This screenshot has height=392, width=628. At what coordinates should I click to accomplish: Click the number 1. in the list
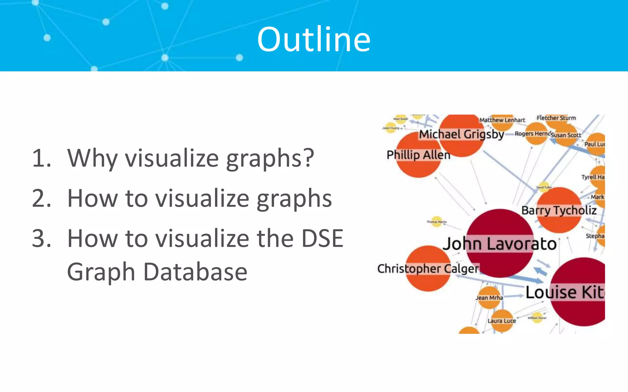click(x=41, y=158)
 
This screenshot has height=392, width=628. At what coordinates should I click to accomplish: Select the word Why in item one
click(x=92, y=158)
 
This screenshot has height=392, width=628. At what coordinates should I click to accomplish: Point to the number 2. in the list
click(x=41, y=198)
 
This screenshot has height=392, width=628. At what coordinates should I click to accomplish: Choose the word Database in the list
click(x=195, y=272)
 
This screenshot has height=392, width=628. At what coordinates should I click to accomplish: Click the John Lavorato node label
click(x=500, y=244)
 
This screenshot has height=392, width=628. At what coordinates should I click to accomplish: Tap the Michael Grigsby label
click(x=461, y=134)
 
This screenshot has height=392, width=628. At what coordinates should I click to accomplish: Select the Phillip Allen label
click(x=418, y=155)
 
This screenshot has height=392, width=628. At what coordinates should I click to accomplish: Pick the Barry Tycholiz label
click(x=559, y=210)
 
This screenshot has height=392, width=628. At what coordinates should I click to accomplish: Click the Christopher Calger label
click(x=428, y=269)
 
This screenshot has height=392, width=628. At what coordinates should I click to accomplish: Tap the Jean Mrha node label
click(x=489, y=298)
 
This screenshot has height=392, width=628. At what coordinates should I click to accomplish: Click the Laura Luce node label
click(x=502, y=321)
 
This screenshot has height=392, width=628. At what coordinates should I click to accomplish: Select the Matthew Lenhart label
click(x=502, y=120)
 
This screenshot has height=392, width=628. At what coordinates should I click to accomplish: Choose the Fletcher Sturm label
click(x=556, y=118)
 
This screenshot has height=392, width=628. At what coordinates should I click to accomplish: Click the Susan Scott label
click(x=566, y=135)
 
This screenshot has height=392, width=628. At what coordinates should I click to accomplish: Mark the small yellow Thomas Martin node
click(x=437, y=222)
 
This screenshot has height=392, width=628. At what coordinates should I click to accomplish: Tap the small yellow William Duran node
click(x=537, y=318)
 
